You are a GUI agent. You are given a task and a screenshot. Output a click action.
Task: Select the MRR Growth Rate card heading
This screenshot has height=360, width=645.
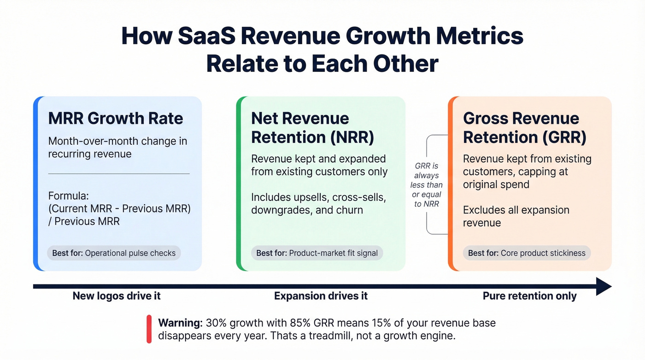click(x=116, y=118)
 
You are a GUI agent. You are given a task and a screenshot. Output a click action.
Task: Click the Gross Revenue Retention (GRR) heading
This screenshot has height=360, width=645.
click(x=525, y=128)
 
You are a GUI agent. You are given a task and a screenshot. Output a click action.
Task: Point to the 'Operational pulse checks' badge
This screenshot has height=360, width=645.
click(x=114, y=253)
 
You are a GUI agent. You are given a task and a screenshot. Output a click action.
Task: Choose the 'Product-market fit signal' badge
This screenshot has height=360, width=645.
click(x=317, y=253)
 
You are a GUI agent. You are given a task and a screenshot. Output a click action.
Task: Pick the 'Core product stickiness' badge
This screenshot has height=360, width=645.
click(x=527, y=253)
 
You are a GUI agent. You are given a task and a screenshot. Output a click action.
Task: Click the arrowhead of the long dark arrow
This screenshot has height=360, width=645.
click(x=604, y=286)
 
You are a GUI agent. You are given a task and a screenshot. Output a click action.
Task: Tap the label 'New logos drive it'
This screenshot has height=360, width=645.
click(x=117, y=296)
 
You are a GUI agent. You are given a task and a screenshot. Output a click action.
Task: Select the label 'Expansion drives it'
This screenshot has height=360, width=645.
click(x=321, y=296)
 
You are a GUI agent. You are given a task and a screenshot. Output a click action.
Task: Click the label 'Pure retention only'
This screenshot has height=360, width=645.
click(x=529, y=296)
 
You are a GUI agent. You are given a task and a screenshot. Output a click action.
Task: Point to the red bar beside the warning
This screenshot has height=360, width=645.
click(x=149, y=329)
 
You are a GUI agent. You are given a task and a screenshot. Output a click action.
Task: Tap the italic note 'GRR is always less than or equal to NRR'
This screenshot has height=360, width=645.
click(x=427, y=185)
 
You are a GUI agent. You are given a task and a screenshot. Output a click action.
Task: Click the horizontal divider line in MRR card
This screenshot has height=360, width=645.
click(x=119, y=174)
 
